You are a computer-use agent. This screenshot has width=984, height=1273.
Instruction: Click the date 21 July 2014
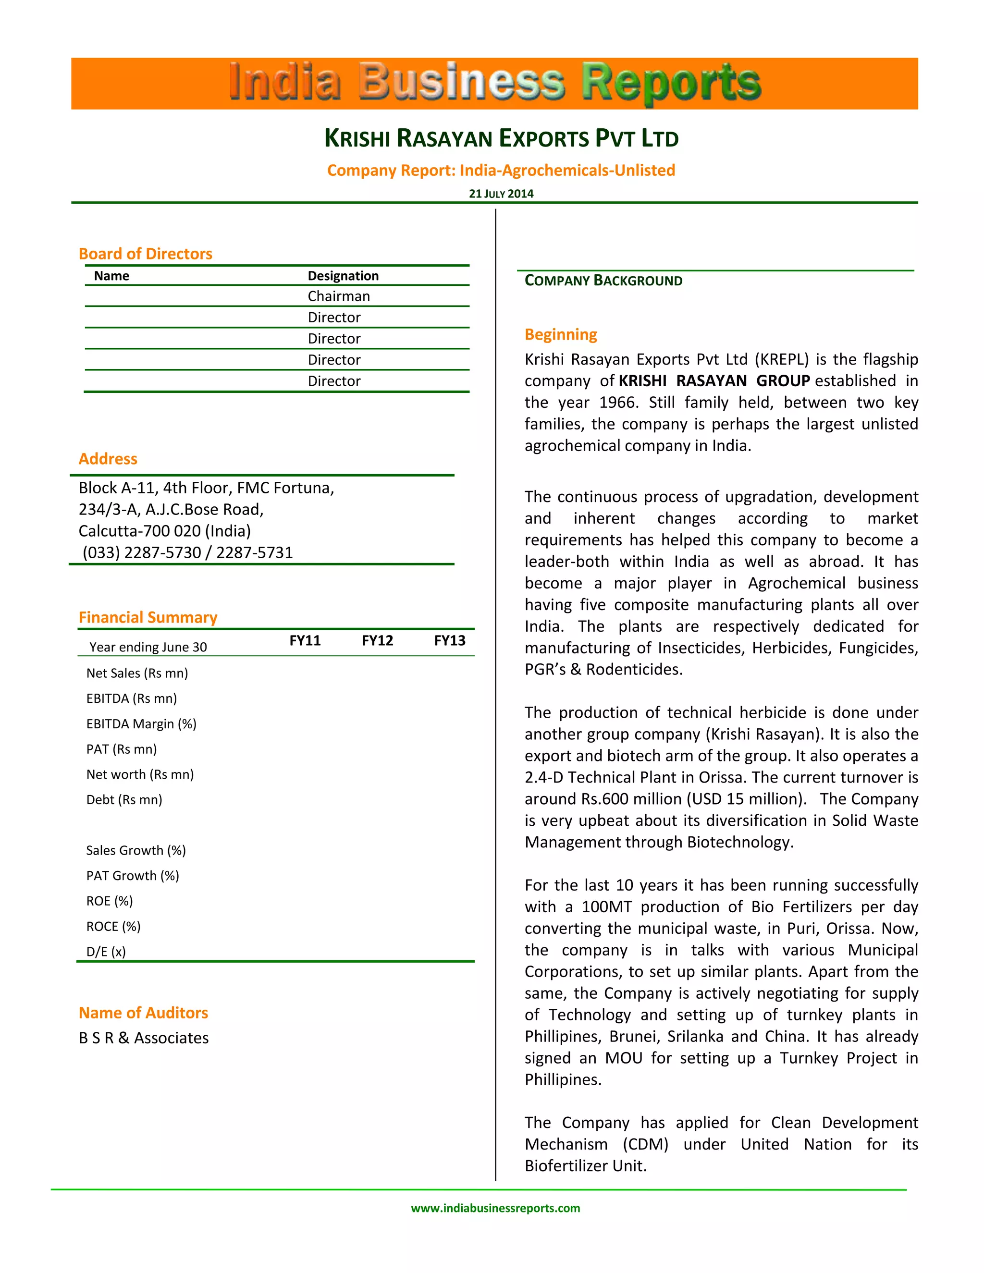501,194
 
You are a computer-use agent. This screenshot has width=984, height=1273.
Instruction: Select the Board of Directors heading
145,254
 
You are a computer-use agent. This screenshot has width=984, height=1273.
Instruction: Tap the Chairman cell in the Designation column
339,296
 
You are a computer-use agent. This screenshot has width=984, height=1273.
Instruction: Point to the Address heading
108,459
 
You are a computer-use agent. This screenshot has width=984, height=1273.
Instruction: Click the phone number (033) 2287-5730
142,552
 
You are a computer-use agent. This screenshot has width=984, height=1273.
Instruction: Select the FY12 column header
377,640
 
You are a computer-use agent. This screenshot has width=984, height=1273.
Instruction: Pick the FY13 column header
449,640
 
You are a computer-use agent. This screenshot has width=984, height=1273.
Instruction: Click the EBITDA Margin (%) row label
141,724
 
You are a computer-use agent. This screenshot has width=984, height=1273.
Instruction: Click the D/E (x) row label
106,952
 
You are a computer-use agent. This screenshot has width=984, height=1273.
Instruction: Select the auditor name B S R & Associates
143,1038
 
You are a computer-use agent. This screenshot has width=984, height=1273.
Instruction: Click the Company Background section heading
603,281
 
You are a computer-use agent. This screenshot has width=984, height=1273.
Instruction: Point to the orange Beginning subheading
561,334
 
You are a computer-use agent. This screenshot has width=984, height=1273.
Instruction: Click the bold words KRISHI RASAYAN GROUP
714,380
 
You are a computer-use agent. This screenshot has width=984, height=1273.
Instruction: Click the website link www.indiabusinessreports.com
495,1208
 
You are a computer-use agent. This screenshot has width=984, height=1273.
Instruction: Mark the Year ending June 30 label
148,647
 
